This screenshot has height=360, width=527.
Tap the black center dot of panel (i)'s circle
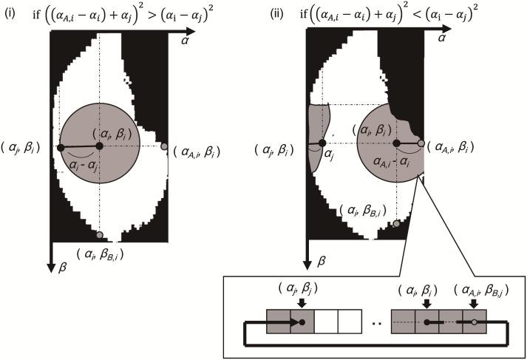(x=99, y=146)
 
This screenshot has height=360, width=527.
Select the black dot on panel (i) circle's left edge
(x=61, y=148)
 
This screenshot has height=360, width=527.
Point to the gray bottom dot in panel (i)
(x=99, y=235)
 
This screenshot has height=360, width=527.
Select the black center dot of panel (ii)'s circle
(x=395, y=143)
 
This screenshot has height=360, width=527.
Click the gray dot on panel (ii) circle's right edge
(x=421, y=143)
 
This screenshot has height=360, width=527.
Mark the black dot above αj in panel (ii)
(x=321, y=143)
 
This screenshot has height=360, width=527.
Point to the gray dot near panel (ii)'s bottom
(x=398, y=223)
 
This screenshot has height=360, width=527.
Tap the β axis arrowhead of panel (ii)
(x=306, y=262)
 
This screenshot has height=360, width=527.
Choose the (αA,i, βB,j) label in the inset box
(x=470, y=289)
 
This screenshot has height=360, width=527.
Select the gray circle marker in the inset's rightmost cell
(x=473, y=322)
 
